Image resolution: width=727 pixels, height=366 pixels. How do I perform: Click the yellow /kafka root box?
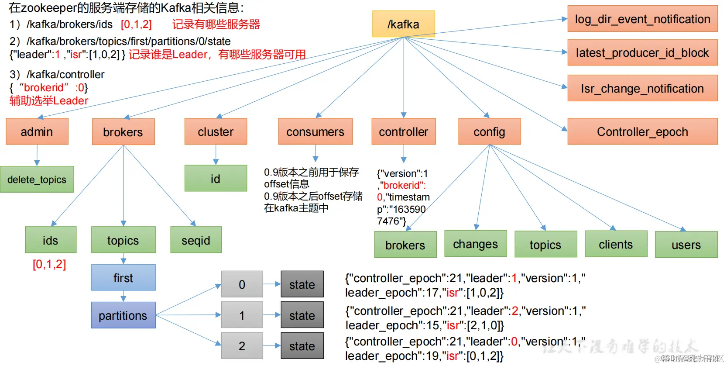coord(403,24)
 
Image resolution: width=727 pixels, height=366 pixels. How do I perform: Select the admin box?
coord(37,131)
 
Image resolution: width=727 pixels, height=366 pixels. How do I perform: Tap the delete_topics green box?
coord(37,180)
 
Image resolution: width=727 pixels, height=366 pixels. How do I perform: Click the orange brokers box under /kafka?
coord(123,132)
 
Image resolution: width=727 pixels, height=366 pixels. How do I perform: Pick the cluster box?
coord(216,131)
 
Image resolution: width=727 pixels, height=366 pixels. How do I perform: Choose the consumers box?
coord(315,131)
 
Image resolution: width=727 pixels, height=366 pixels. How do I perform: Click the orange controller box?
coord(403,131)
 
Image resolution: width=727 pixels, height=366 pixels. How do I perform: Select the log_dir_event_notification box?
coord(642,19)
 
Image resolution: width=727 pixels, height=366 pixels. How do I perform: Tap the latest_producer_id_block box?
coord(642,52)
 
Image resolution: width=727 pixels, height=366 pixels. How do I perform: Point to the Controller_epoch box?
coord(642,131)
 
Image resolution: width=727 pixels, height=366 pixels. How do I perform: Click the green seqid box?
coord(196,240)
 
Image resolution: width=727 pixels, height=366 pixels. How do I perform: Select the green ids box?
coord(51,240)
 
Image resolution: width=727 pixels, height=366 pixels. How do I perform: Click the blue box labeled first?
coord(123,277)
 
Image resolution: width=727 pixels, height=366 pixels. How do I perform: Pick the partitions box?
coord(123,315)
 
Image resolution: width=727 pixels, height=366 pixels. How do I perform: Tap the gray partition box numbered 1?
coord(242,315)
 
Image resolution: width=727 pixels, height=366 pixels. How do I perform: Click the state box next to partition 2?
coord(302,346)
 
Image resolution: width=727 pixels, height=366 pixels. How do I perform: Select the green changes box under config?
coord(475,244)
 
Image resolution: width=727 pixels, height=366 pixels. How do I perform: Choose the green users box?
coord(686,245)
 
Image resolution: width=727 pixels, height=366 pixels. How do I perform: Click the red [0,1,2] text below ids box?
coord(49,264)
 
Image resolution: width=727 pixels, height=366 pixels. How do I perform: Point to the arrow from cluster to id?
coord(216,155)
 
